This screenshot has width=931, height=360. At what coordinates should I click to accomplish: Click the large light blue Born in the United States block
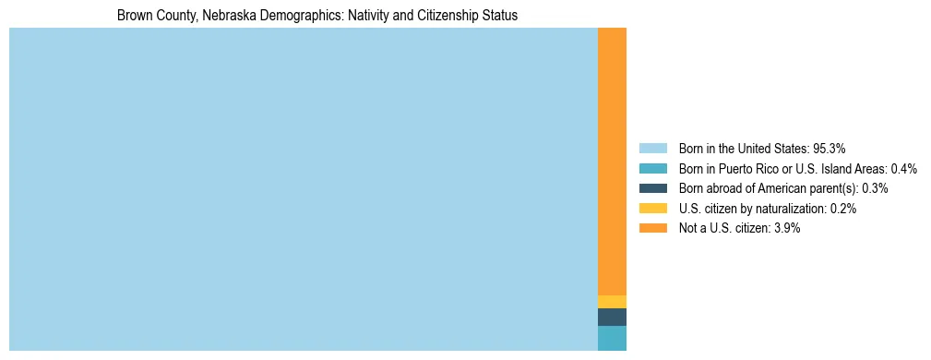(x=303, y=189)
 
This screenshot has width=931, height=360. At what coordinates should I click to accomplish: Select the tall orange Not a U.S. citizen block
(x=612, y=162)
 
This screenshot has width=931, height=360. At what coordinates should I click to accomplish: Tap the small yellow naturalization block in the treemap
(x=612, y=302)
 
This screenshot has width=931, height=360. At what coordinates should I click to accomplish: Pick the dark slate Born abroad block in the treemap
(x=612, y=318)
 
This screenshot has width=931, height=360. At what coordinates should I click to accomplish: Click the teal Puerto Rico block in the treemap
(x=612, y=338)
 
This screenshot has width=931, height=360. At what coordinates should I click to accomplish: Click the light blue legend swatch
(x=652, y=148)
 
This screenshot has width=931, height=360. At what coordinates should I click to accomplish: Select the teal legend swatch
(x=652, y=168)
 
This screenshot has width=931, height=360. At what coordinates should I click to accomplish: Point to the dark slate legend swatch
(x=652, y=188)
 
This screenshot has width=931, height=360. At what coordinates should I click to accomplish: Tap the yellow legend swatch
(x=652, y=209)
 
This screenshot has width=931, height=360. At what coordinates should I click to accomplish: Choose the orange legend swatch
(x=652, y=228)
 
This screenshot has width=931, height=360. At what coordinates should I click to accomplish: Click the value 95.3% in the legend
(x=830, y=148)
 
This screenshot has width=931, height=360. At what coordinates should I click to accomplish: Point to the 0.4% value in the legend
(x=903, y=168)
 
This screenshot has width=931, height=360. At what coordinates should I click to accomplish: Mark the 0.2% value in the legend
(x=842, y=209)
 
